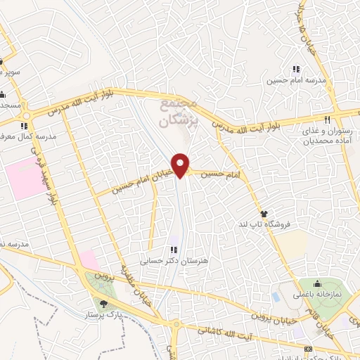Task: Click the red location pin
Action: (x=181, y=165)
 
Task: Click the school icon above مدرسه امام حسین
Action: (x=296, y=69)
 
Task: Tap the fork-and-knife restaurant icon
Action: (x=327, y=119)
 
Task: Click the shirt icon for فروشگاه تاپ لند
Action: (x=264, y=213)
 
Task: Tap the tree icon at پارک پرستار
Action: (x=104, y=304)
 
